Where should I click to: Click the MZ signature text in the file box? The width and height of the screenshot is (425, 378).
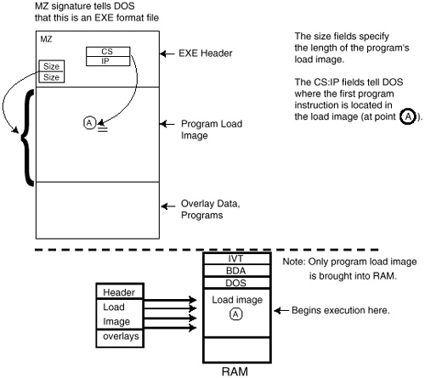46,39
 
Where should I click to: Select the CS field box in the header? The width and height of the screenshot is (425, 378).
108,52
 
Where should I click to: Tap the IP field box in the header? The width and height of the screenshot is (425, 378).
108,61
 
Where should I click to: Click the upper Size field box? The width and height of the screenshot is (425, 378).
52,66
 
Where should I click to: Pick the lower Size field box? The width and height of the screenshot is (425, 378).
52,77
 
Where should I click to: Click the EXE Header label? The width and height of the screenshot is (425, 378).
206,54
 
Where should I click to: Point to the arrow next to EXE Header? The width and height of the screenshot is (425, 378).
167,54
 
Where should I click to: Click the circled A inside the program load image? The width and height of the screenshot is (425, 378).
90,123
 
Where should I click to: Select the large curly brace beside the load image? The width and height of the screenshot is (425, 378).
27,138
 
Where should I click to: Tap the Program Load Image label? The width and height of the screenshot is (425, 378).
212,129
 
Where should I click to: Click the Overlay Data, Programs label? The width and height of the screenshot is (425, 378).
211,209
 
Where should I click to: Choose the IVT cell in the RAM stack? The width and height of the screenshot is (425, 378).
237,258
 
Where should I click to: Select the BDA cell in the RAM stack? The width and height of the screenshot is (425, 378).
237,271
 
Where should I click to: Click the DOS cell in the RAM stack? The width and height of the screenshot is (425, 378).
237,283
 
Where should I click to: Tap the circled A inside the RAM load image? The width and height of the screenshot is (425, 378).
235,314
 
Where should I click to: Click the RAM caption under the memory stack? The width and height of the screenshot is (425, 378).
235,371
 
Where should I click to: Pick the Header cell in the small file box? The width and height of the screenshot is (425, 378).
120,291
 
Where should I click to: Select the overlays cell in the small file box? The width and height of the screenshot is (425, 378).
120,338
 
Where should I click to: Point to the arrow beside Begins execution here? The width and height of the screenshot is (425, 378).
281,311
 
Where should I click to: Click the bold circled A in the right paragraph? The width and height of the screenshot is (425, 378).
408,116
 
